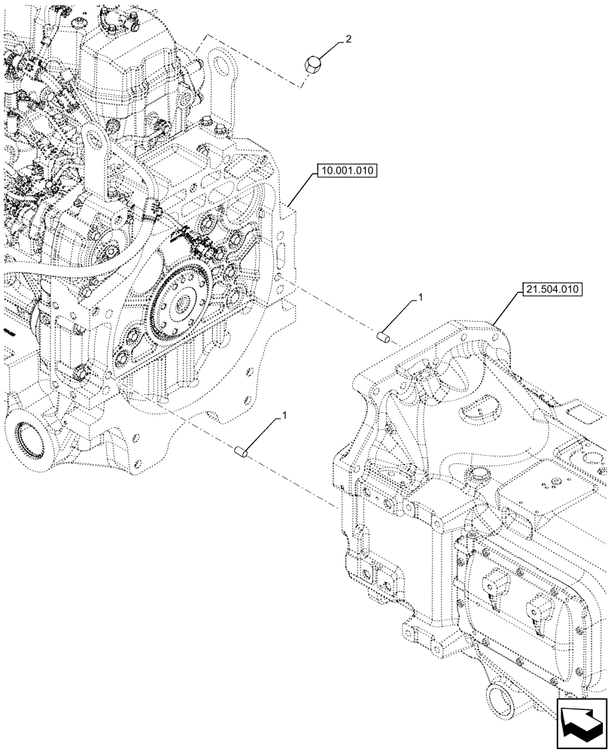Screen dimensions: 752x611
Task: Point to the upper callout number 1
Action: click(x=421, y=298)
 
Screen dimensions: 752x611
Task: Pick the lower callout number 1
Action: click(x=284, y=415)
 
